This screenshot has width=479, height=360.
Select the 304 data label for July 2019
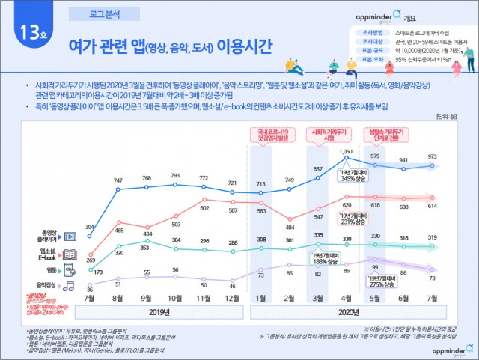(89, 206)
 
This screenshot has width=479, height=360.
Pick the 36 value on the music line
(89, 289)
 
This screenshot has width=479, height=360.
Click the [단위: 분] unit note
(451, 117)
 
